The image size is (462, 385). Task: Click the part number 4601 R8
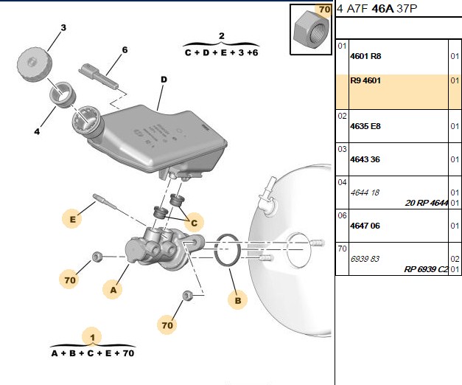coord(365,56)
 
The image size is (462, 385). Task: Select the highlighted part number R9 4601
coord(365,80)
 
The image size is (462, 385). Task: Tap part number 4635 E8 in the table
coord(365,126)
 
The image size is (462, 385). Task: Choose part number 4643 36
coord(365,159)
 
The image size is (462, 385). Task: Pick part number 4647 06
coord(365,226)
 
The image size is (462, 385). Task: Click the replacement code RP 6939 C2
coord(426,269)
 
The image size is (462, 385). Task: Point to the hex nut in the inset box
coord(311,30)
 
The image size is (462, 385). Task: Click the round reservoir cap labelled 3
coord(35,66)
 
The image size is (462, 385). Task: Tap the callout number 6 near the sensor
coord(125,50)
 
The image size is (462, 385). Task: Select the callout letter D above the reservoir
coord(164,80)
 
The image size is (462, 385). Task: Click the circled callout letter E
coord(72,219)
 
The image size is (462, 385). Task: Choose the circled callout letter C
coord(194,223)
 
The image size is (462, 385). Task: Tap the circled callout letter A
coord(113,290)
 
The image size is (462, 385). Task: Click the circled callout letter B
coord(238,300)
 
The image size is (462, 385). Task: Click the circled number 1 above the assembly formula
coord(93,337)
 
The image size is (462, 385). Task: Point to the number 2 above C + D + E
coord(222,36)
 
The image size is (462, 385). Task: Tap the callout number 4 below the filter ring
coord(37,131)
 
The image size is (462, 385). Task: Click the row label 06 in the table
coord(342,215)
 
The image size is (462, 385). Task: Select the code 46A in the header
coord(382,9)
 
